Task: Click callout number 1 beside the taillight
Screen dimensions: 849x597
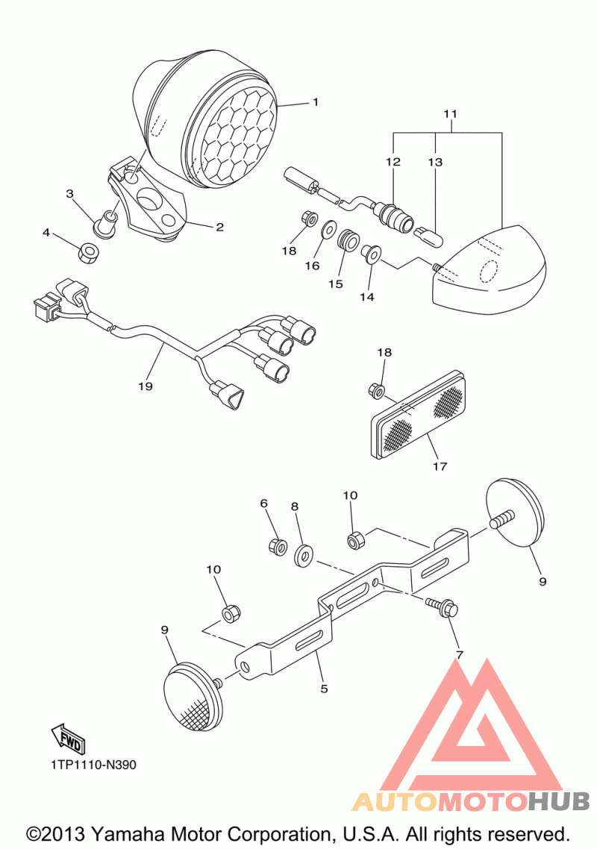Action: (315, 102)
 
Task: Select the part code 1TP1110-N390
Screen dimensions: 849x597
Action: (94, 765)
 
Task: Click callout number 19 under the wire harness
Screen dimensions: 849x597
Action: (145, 386)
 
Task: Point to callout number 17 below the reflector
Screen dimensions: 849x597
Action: (439, 466)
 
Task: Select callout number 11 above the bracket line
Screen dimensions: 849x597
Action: (449, 114)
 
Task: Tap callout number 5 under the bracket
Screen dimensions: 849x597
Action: (324, 689)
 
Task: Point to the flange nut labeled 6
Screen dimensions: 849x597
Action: (278, 547)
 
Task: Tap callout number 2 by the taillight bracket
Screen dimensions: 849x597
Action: (219, 227)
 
